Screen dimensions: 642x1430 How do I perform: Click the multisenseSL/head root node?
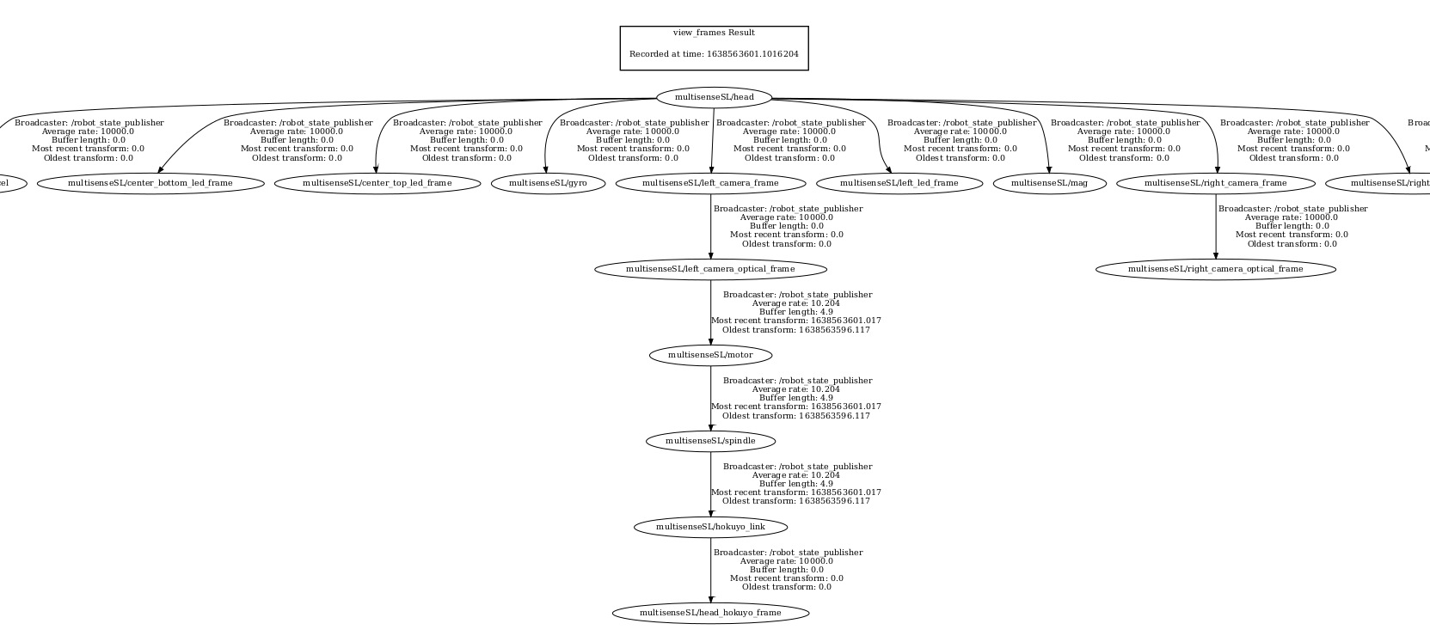pos(714,97)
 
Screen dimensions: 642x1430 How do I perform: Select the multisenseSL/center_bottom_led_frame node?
pos(150,183)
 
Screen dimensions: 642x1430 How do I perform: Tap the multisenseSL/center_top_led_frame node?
pos(377,183)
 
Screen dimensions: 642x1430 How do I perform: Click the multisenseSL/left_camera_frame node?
pos(710,183)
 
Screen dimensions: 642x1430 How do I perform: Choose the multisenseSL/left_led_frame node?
pos(899,183)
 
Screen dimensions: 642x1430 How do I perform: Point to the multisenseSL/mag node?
pos(1049,183)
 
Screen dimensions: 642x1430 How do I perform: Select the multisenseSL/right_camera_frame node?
pos(1215,183)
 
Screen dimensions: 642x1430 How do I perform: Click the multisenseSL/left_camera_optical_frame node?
pos(710,269)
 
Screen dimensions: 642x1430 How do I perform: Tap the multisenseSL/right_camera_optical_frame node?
pos(1215,269)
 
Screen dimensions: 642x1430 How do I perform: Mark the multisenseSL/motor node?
pos(710,355)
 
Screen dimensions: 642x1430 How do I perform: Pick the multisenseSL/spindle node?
pos(710,441)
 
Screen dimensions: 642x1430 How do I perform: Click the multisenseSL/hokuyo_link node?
pos(710,527)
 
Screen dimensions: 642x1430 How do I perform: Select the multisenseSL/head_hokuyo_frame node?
pos(710,613)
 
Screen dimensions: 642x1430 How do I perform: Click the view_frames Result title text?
pos(714,33)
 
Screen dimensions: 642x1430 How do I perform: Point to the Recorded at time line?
pos(714,54)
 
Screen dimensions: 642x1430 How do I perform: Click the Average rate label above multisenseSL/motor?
pos(795,303)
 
